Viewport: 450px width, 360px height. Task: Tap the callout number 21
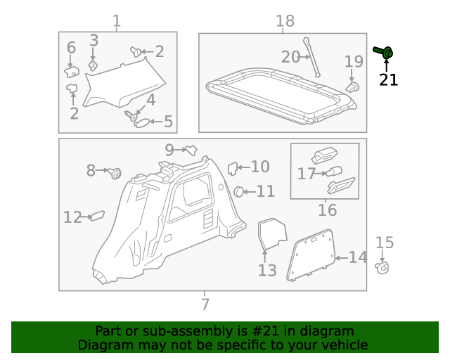[388, 80]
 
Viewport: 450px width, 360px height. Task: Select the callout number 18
[284, 21]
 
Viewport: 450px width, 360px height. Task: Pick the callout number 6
[71, 48]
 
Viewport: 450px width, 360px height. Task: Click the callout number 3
[94, 41]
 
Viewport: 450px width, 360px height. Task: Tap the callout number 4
[150, 101]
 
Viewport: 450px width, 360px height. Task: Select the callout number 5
[168, 122]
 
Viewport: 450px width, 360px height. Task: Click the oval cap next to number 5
[141, 122]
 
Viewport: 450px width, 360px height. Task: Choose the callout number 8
[91, 170]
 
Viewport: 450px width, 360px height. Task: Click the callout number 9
[169, 149]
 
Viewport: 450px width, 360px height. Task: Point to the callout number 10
[260, 167]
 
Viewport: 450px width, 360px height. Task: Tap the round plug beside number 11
[240, 191]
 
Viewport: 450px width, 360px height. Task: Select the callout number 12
[72, 217]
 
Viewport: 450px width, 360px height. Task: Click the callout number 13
[267, 271]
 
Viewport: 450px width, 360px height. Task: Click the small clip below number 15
[383, 267]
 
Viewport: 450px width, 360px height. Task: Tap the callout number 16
[327, 210]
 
